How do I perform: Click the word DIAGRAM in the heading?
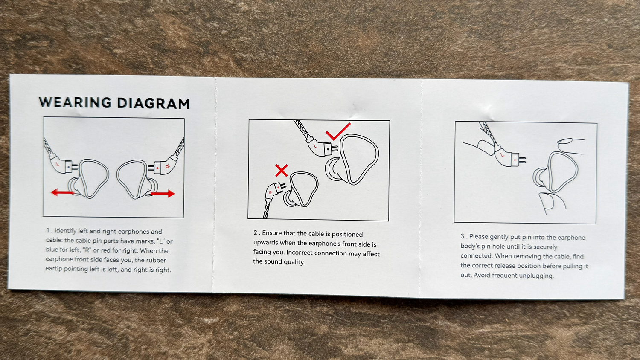coord(154,103)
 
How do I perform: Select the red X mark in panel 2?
coord(282,170)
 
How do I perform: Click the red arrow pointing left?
coord(63,192)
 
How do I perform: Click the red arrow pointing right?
coord(163,194)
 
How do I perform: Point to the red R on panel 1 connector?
coord(168,166)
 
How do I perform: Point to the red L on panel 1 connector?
coord(58,164)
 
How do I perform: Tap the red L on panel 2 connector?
coord(315,146)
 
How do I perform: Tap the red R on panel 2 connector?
coord(270,193)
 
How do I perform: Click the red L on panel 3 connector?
coord(503,155)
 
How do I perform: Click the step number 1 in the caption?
coord(48,230)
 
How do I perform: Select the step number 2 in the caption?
coord(256,232)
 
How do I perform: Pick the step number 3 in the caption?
coord(463,236)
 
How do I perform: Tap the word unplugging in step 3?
coord(538,276)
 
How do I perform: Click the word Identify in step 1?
coord(65,231)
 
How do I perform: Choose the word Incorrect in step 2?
coord(300,253)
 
